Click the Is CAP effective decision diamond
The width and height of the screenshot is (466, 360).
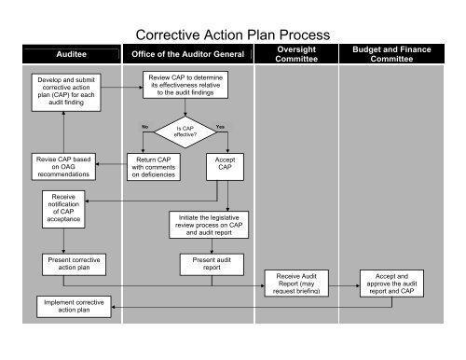185,132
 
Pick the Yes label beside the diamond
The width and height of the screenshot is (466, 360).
221,126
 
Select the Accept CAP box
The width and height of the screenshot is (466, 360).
224,166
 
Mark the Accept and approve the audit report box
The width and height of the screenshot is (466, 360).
394,282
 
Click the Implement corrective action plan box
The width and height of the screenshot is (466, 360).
75,307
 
